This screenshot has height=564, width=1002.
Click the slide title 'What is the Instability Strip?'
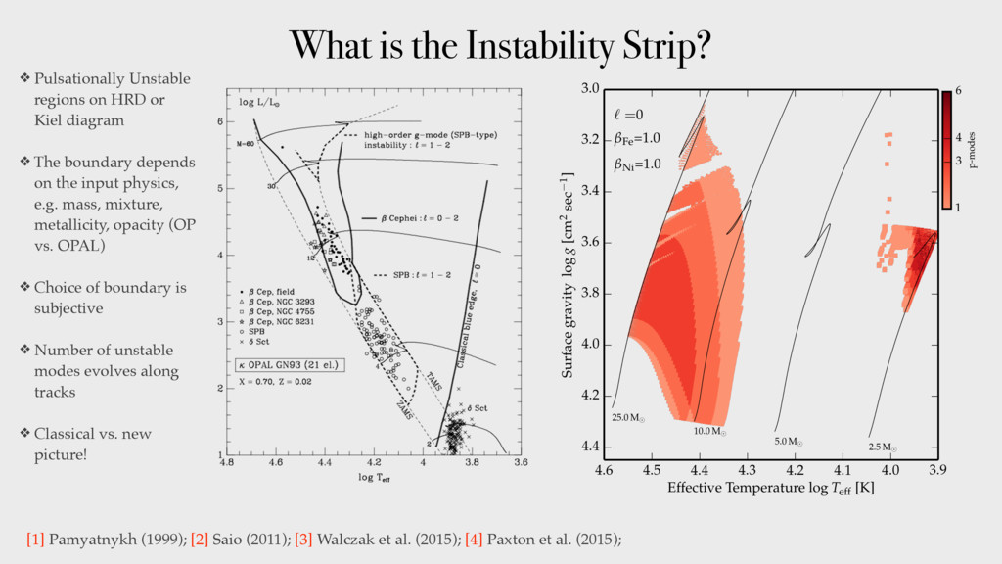click(500, 44)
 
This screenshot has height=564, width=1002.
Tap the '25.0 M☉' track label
click(629, 418)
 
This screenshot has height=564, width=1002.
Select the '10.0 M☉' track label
click(710, 430)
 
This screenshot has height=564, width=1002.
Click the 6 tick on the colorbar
click(959, 91)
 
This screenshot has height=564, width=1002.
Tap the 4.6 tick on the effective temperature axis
click(603, 470)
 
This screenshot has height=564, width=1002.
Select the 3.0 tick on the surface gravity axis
click(589, 89)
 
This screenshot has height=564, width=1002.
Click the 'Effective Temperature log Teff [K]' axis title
click(770, 488)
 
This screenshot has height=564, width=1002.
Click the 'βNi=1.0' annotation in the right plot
click(639, 164)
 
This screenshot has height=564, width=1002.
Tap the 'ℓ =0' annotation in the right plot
click(629, 116)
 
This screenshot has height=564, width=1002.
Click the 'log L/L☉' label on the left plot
click(260, 101)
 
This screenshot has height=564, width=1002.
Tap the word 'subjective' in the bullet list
click(69, 308)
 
